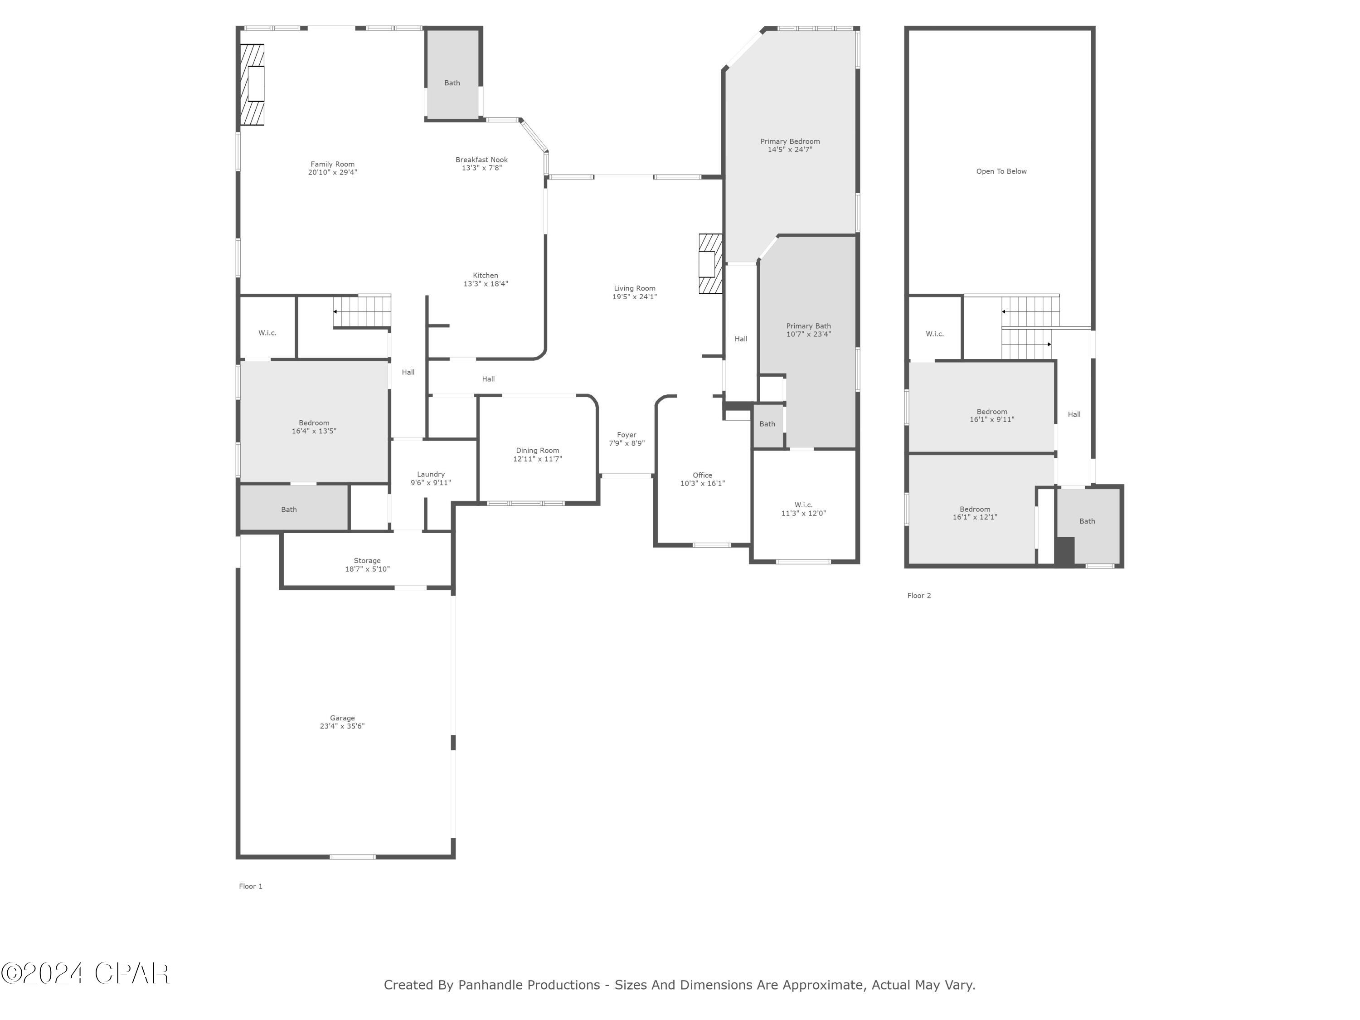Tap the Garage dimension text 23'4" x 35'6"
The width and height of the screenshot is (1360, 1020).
coord(342,726)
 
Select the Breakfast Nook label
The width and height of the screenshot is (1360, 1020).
coord(481,160)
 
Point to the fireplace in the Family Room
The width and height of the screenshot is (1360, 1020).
coord(252,85)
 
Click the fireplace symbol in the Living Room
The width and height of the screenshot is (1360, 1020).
coord(710,264)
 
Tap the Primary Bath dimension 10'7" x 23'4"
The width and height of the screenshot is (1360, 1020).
coord(808,335)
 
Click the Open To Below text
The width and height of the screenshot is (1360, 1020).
coord(1001,171)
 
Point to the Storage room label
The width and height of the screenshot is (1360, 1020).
coord(367,561)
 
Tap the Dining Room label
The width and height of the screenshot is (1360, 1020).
coord(537,451)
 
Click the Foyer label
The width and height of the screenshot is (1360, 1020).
coord(627,435)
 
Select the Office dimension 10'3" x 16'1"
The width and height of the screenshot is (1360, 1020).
coord(702,484)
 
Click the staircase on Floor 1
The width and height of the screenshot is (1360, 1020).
coord(363,311)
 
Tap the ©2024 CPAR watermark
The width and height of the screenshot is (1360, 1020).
coord(85,973)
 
